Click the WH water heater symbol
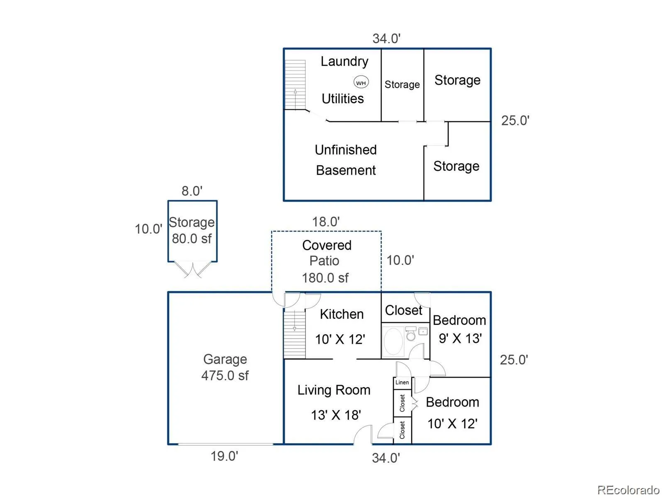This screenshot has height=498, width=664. click(361, 83)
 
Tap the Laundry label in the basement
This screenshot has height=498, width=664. click(344, 61)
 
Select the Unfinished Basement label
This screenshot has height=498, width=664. click(346, 160)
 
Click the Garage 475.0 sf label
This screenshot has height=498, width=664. click(225, 367)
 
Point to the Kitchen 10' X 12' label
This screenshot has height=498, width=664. click(341, 327)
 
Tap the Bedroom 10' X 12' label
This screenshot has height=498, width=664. click(452, 413)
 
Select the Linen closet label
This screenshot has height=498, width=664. click(402, 383)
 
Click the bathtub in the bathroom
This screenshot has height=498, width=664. click(393, 341)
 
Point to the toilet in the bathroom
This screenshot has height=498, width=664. click(411, 334)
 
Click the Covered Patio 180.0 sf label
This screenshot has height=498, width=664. click(326, 261)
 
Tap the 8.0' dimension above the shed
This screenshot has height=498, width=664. click(192, 191)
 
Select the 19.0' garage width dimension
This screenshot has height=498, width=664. click(224, 456)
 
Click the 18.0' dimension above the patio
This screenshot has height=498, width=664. click(326, 222)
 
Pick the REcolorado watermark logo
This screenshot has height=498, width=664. click(628, 490)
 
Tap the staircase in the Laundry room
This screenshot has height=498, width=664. click(295, 85)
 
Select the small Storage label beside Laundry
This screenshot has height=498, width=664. click(402, 85)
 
